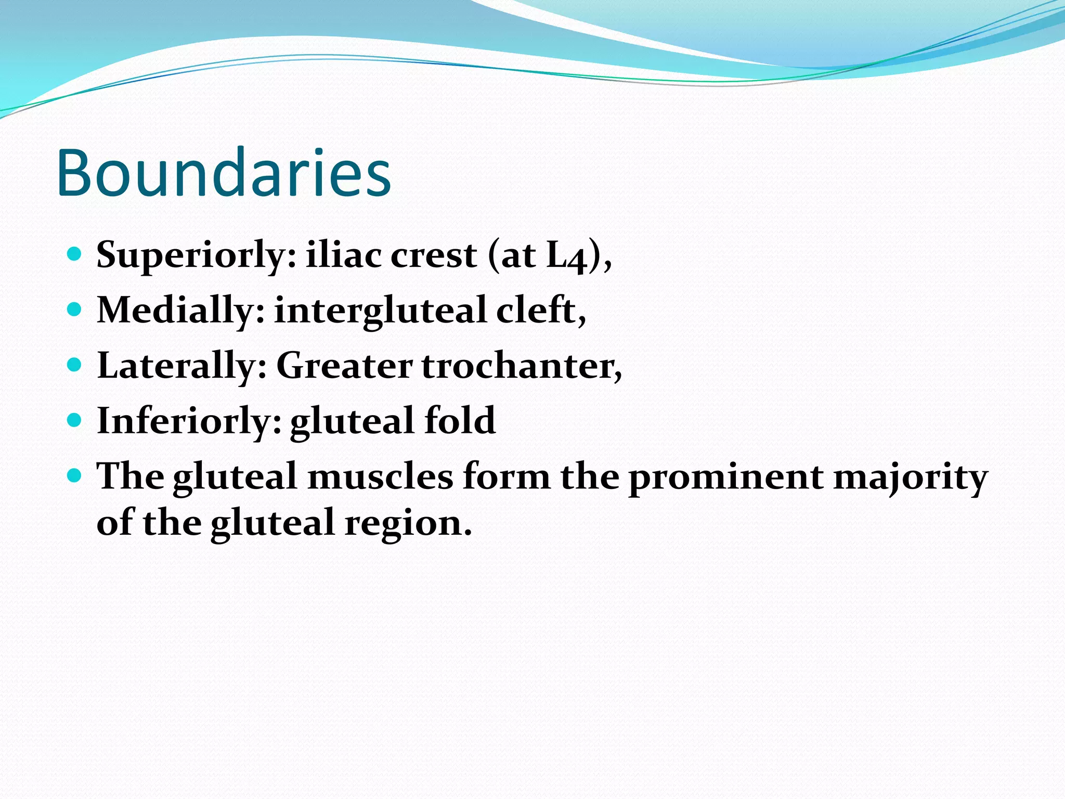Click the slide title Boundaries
(224, 173)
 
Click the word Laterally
(182, 366)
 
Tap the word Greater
(344, 366)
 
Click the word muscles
(380, 476)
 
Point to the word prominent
(726, 478)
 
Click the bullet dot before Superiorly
(75, 254)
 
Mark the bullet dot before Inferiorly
(75, 420)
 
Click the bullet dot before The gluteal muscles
(75, 475)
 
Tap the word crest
(434, 256)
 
